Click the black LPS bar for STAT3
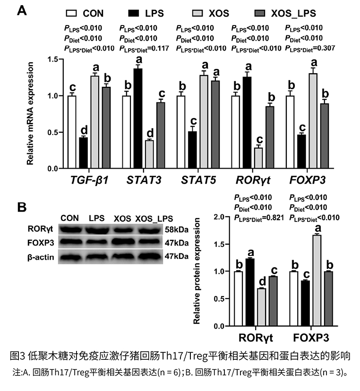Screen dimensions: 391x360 pyautogui.click(x=138, y=119)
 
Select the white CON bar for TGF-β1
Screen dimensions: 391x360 pyautogui.click(x=72, y=132)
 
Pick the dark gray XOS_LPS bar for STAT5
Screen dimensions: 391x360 pyautogui.click(x=215, y=125)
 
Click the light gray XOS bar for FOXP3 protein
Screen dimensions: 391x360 pyautogui.click(x=317, y=280)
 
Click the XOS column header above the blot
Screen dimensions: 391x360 pyautogui.click(x=122, y=218)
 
